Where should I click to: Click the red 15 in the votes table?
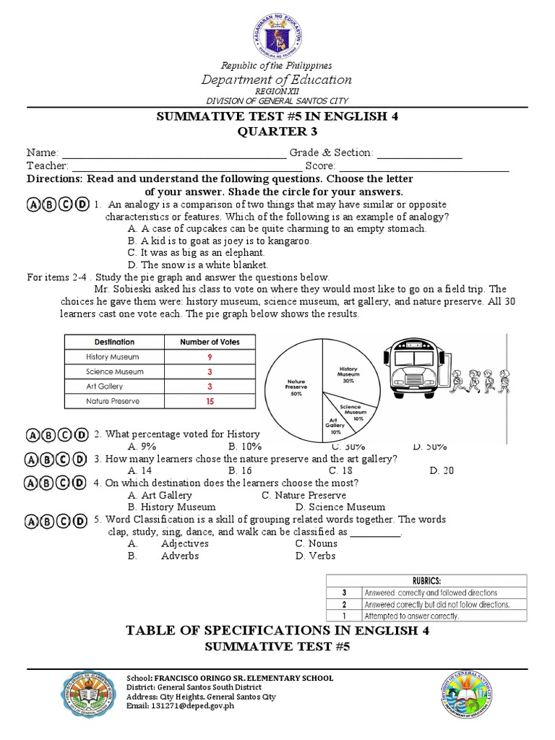coord(210,400)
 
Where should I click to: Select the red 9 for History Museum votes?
coord(210,356)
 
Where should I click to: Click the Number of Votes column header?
coord(210,342)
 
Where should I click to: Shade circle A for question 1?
coord(35,205)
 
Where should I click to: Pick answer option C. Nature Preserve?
coord(304,495)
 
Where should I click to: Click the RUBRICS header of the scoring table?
coord(426,580)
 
